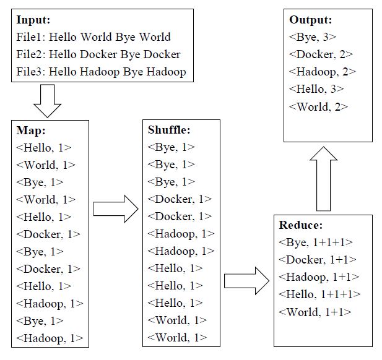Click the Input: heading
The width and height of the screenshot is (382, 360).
[x=33, y=20]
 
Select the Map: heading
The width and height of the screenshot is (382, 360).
[x=31, y=131]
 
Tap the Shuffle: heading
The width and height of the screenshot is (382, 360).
[x=169, y=130]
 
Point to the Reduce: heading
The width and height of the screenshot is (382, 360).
[x=301, y=225]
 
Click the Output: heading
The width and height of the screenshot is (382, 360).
[x=311, y=20]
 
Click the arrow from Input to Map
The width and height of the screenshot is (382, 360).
[x=47, y=101]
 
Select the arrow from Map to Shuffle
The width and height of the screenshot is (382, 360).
[x=116, y=209]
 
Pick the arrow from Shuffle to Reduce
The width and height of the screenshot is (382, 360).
[x=246, y=281]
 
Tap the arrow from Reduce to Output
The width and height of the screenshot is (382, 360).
[x=324, y=179]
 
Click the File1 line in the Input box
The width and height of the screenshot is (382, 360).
[x=93, y=37]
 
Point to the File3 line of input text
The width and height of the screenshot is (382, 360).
[x=101, y=72]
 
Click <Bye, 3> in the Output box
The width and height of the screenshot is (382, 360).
[x=313, y=37]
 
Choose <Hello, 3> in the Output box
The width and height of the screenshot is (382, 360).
[x=316, y=89]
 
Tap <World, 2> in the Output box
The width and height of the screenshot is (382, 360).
[x=318, y=107]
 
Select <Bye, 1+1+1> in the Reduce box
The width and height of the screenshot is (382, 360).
[x=316, y=242]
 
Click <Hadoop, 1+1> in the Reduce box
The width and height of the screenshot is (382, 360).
[x=319, y=277]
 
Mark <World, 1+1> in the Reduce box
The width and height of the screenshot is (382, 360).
[x=315, y=312]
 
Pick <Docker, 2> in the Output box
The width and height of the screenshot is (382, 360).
[x=321, y=54]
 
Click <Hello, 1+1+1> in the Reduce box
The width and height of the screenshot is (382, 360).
[x=319, y=294]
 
